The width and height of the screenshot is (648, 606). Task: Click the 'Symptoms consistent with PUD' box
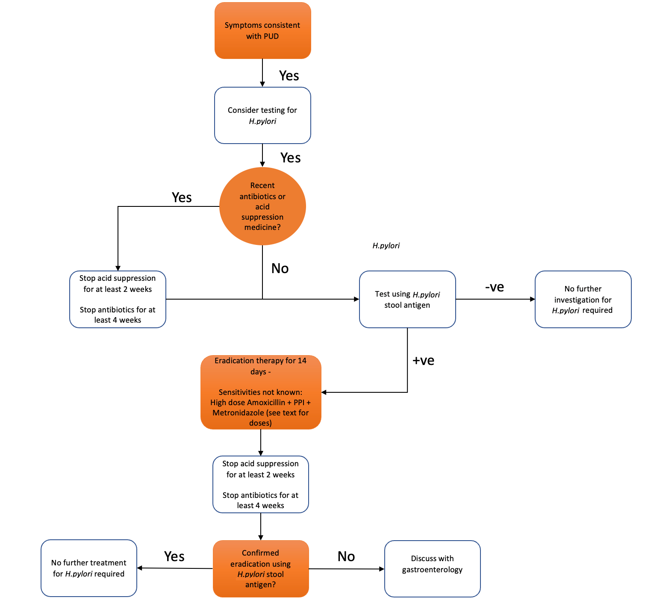[262, 31]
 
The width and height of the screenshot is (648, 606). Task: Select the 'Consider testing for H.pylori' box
[262, 115]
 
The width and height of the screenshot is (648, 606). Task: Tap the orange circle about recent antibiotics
[262, 206]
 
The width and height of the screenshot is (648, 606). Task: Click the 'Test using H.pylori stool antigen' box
[407, 299]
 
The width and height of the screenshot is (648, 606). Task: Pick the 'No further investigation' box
[583, 299]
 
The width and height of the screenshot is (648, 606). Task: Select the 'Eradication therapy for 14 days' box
[261, 392]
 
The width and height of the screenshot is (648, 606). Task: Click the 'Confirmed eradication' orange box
[261, 568]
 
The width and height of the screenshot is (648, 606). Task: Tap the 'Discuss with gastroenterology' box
[432, 568]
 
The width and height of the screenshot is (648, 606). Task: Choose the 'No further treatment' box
[89, 568]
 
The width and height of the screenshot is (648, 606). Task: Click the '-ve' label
[495, 287]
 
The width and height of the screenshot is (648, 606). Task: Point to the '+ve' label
[423, 360]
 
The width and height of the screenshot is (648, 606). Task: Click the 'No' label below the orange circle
[280, 268]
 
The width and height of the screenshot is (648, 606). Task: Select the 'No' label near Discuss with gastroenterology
[346, 556]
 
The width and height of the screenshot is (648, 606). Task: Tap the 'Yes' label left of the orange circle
[182, 197]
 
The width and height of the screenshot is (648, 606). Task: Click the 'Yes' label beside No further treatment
[174, 556]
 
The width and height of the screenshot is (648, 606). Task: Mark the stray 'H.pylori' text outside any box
[386, 246]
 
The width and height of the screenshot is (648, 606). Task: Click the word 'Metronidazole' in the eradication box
[236, 413]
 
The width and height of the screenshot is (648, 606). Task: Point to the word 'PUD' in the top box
[271, 36]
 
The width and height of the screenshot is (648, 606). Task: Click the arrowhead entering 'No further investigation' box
[533, 299]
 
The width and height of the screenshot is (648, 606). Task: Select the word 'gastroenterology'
[432, 570]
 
